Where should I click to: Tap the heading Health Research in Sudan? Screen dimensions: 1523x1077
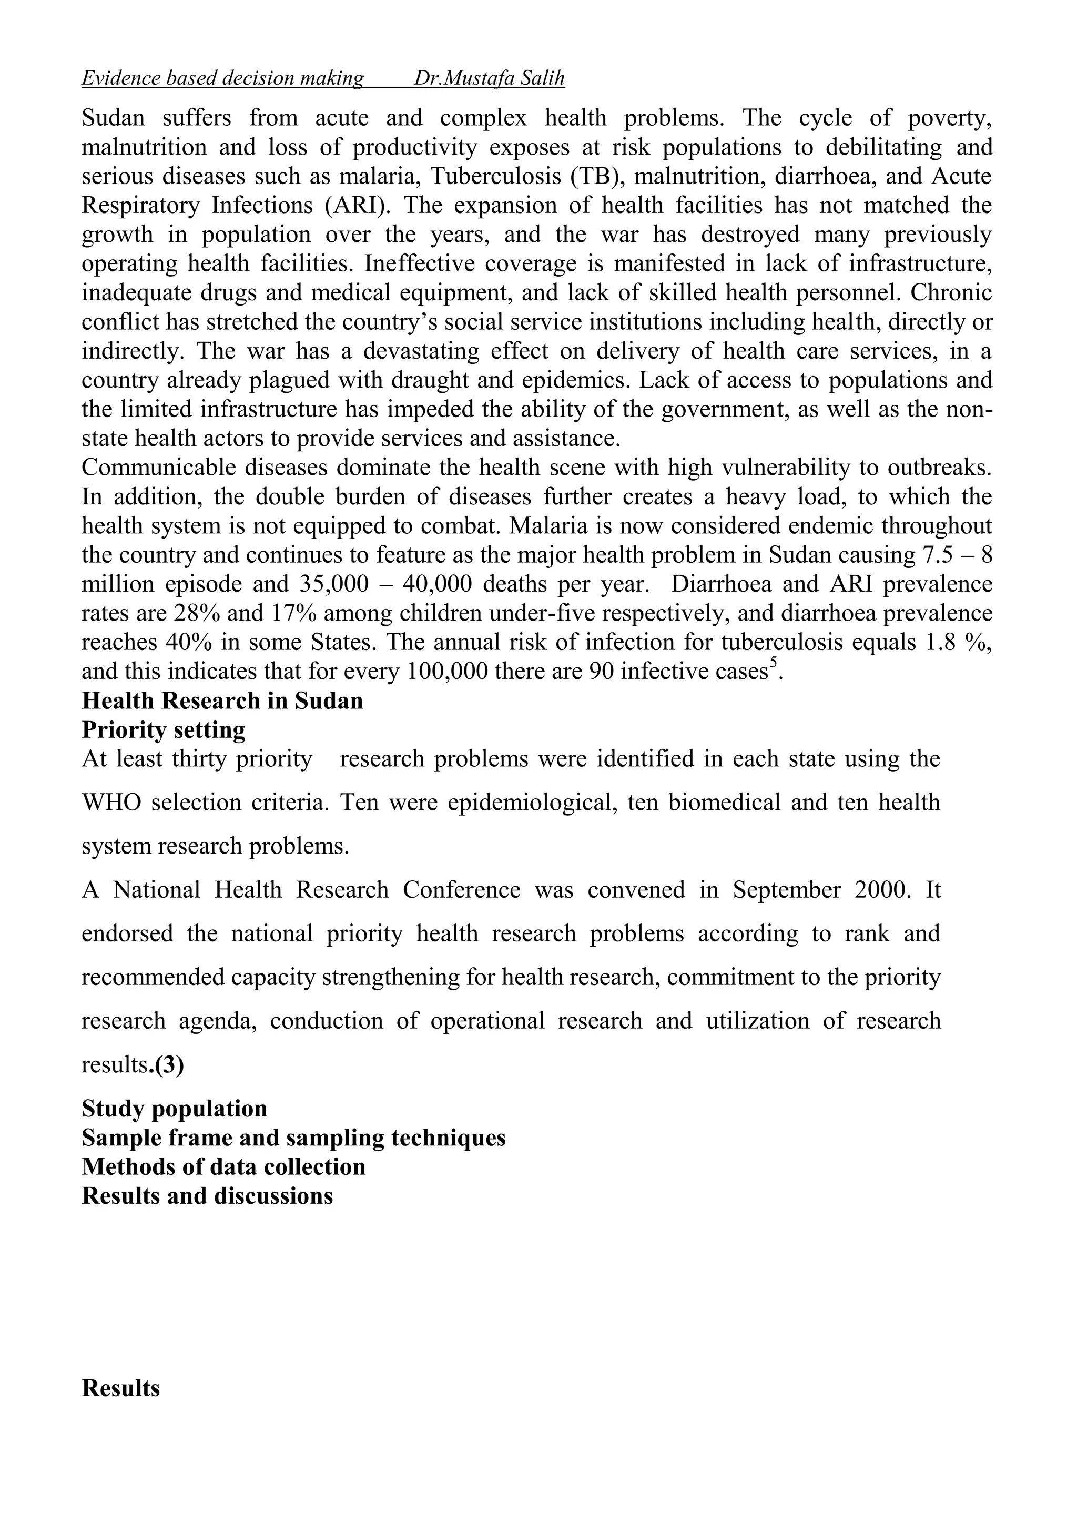point(222,701)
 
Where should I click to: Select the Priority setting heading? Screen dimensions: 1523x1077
point(163,729)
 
